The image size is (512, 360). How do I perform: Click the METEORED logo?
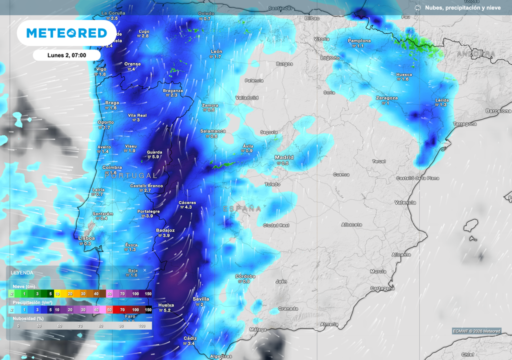click(x=66, y=33)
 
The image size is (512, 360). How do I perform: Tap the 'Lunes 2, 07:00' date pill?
click(x=66, y=55)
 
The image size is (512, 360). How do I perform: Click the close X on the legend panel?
click(x=145, y=270)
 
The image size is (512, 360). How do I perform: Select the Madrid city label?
click(x=284, y=157)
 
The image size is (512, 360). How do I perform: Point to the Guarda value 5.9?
click(x=155, y=157)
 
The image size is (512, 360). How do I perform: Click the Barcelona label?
click(x=498, y=110)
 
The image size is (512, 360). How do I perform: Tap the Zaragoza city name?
click(x=386, y=98)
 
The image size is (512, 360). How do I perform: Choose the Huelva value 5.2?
click(x=167, y=310)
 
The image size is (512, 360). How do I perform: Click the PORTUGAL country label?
click(x=131, y=176)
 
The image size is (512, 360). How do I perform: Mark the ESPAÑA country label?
click(x=242, y=209)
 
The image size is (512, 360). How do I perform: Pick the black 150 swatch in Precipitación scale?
click(x=148, y=310)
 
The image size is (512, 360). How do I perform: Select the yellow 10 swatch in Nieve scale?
click(x=57, y=293)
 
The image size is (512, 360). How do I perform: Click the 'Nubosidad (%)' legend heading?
click(x=27, y=317)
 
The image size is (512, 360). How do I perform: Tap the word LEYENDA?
click(x=22, y=272)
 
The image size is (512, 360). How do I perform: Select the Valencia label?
click(x=405, y=202)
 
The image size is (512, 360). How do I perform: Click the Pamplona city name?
click(x=359, y=40)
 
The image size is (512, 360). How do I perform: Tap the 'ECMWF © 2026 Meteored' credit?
click(x=476, y=331)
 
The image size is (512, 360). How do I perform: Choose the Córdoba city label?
click(x=245, y=276)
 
